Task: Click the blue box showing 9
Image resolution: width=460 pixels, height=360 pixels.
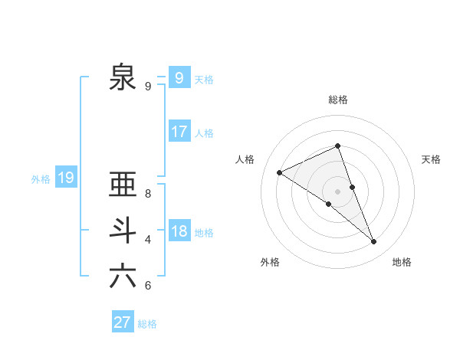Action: (179, 77)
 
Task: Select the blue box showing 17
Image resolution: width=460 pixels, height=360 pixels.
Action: (179, 131)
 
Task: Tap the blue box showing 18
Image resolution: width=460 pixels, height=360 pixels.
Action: (179, 231)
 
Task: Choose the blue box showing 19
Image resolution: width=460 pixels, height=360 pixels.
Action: (65, 178)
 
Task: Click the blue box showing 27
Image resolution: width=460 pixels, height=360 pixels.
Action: (123, 322)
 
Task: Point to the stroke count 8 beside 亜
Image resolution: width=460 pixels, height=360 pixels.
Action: (148, 194)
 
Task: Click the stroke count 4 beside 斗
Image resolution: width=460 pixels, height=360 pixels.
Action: (148, 240)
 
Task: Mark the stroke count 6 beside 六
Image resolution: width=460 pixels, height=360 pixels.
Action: (148, 286)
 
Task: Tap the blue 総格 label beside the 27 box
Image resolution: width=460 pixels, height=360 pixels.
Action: (147, 324)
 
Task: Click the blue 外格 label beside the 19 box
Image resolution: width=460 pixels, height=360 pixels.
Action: (41, 179)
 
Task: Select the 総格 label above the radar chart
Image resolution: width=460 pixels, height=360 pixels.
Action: (338, 100)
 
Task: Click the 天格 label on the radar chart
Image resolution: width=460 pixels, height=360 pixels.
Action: (431, 159)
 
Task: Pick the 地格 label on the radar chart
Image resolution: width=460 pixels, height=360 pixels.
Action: (402, 262)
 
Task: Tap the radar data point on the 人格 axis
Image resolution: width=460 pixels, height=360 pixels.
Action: (279, 172)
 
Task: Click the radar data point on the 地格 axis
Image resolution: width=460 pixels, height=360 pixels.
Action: (374, 242)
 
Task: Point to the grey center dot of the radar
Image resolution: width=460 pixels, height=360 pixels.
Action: (337, 191)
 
